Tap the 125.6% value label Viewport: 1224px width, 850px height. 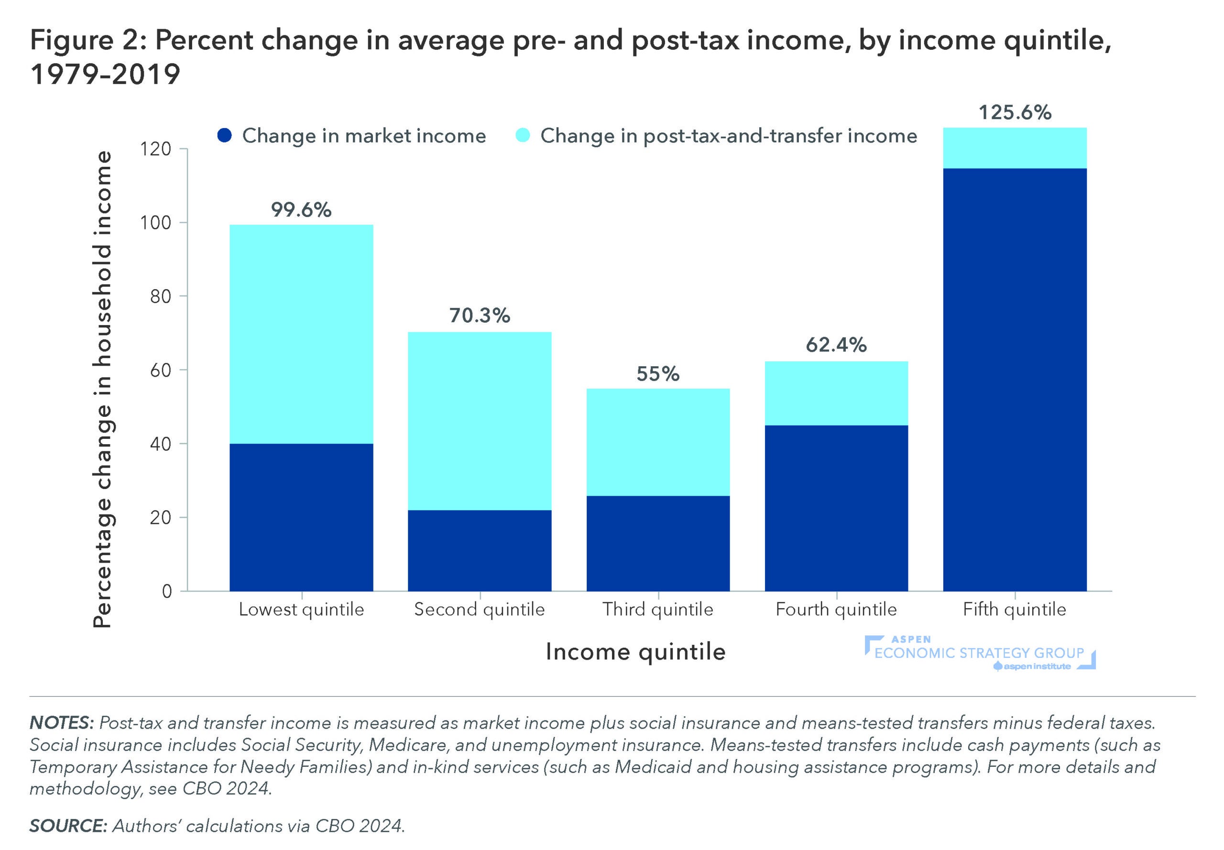click(x=1015, y=112)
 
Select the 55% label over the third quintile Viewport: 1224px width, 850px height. click(x=658, y=373)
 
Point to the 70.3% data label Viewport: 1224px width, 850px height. click(x=480, y=316)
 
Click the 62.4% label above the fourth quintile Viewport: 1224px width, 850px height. click(x=836, y=345)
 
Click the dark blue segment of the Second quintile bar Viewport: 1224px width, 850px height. click(x=480, y=550)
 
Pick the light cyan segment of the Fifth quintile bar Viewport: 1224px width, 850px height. click(x=1015, y=148)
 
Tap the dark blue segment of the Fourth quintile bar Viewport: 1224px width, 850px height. click(x=836, y=508)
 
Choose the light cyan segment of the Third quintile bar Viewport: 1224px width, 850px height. click(x=658, y=442)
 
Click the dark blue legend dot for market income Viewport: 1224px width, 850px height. click(x=225, y=135)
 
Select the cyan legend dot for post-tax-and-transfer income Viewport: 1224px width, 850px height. click(x=523, y=135)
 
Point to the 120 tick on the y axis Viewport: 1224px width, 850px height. click(x=155, y=149)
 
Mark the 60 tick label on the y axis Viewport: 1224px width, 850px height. click(x=160, y=370)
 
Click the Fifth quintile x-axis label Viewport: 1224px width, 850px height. click(x=1014, y=609)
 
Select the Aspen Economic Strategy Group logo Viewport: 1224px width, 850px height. click(x=979, y=653)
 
